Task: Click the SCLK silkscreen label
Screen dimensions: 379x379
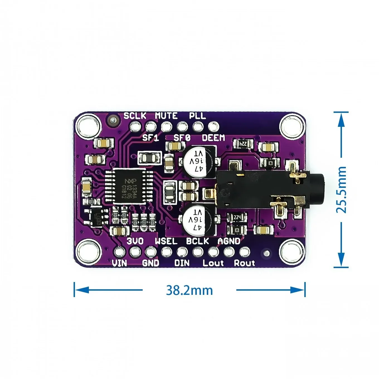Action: (x=135, y=116)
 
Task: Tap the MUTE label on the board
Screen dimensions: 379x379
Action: (x=166, y=116)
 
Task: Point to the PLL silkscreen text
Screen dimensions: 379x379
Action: (x=197, y=116)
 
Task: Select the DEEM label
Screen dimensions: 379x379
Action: (x=213, y=138)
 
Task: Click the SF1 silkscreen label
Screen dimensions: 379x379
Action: (x=150, y=138)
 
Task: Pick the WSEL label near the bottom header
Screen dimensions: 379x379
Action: (x=166, y=241)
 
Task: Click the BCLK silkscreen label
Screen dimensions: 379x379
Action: (x=197, y=241)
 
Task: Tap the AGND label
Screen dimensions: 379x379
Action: (x=229, y=241)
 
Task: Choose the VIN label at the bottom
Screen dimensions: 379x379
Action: (x=120, y=263)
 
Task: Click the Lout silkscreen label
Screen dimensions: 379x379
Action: (x=213, y=263)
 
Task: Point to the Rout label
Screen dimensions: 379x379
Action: (x=244, y=263)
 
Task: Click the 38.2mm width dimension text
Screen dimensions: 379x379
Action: (x=189, y=290)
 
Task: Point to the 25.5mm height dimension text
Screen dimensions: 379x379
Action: (x=341, y=189)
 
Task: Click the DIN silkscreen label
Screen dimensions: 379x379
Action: (x=182, y=263)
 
